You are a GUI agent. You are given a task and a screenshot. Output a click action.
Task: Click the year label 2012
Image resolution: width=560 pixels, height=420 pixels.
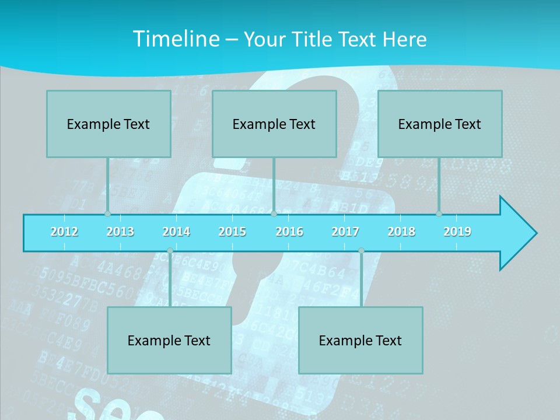pos(64,232)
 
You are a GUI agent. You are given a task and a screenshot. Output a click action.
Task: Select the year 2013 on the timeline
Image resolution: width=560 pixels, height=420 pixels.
pos(120,232)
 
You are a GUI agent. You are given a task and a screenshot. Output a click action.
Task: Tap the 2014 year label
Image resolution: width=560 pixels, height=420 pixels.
pos(176,232)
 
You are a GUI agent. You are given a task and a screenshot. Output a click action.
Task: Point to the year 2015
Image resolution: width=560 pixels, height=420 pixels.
pos(232,232)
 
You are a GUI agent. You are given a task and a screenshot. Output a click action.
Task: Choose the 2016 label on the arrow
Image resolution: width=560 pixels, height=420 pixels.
pos(289,232)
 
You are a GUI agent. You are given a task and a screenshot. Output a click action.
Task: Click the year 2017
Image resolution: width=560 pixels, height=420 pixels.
pos(345,232)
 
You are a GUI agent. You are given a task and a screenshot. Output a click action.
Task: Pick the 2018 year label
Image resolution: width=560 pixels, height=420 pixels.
pos(401,232)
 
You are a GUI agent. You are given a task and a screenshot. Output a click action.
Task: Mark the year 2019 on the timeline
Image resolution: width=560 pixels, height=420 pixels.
pos(457,232)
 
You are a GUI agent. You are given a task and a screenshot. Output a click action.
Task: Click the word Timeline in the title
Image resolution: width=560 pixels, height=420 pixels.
pos(176,39)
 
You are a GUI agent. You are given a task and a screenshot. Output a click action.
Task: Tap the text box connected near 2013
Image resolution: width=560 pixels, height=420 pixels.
pos(108,124)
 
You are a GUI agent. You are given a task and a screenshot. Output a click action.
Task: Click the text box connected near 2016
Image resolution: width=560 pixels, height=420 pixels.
pos(274,124)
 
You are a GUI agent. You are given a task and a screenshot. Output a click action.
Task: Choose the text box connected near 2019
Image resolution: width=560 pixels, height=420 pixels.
pos(440,124)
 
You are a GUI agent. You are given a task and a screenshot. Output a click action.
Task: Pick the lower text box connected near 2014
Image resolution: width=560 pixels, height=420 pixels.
pos(169,340)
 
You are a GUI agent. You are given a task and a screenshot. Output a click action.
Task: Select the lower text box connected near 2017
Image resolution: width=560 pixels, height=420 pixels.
pos(360,340)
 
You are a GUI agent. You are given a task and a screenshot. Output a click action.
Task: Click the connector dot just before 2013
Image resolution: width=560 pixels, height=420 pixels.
pos(107,213)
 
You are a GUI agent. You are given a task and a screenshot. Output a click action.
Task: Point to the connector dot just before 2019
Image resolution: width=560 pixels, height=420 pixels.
pos(439,213)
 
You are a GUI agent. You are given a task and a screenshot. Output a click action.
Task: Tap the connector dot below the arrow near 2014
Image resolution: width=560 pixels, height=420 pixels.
pos(170,251)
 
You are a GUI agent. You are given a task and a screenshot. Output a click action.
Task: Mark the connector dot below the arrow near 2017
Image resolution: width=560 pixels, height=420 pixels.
pos(361,251)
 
